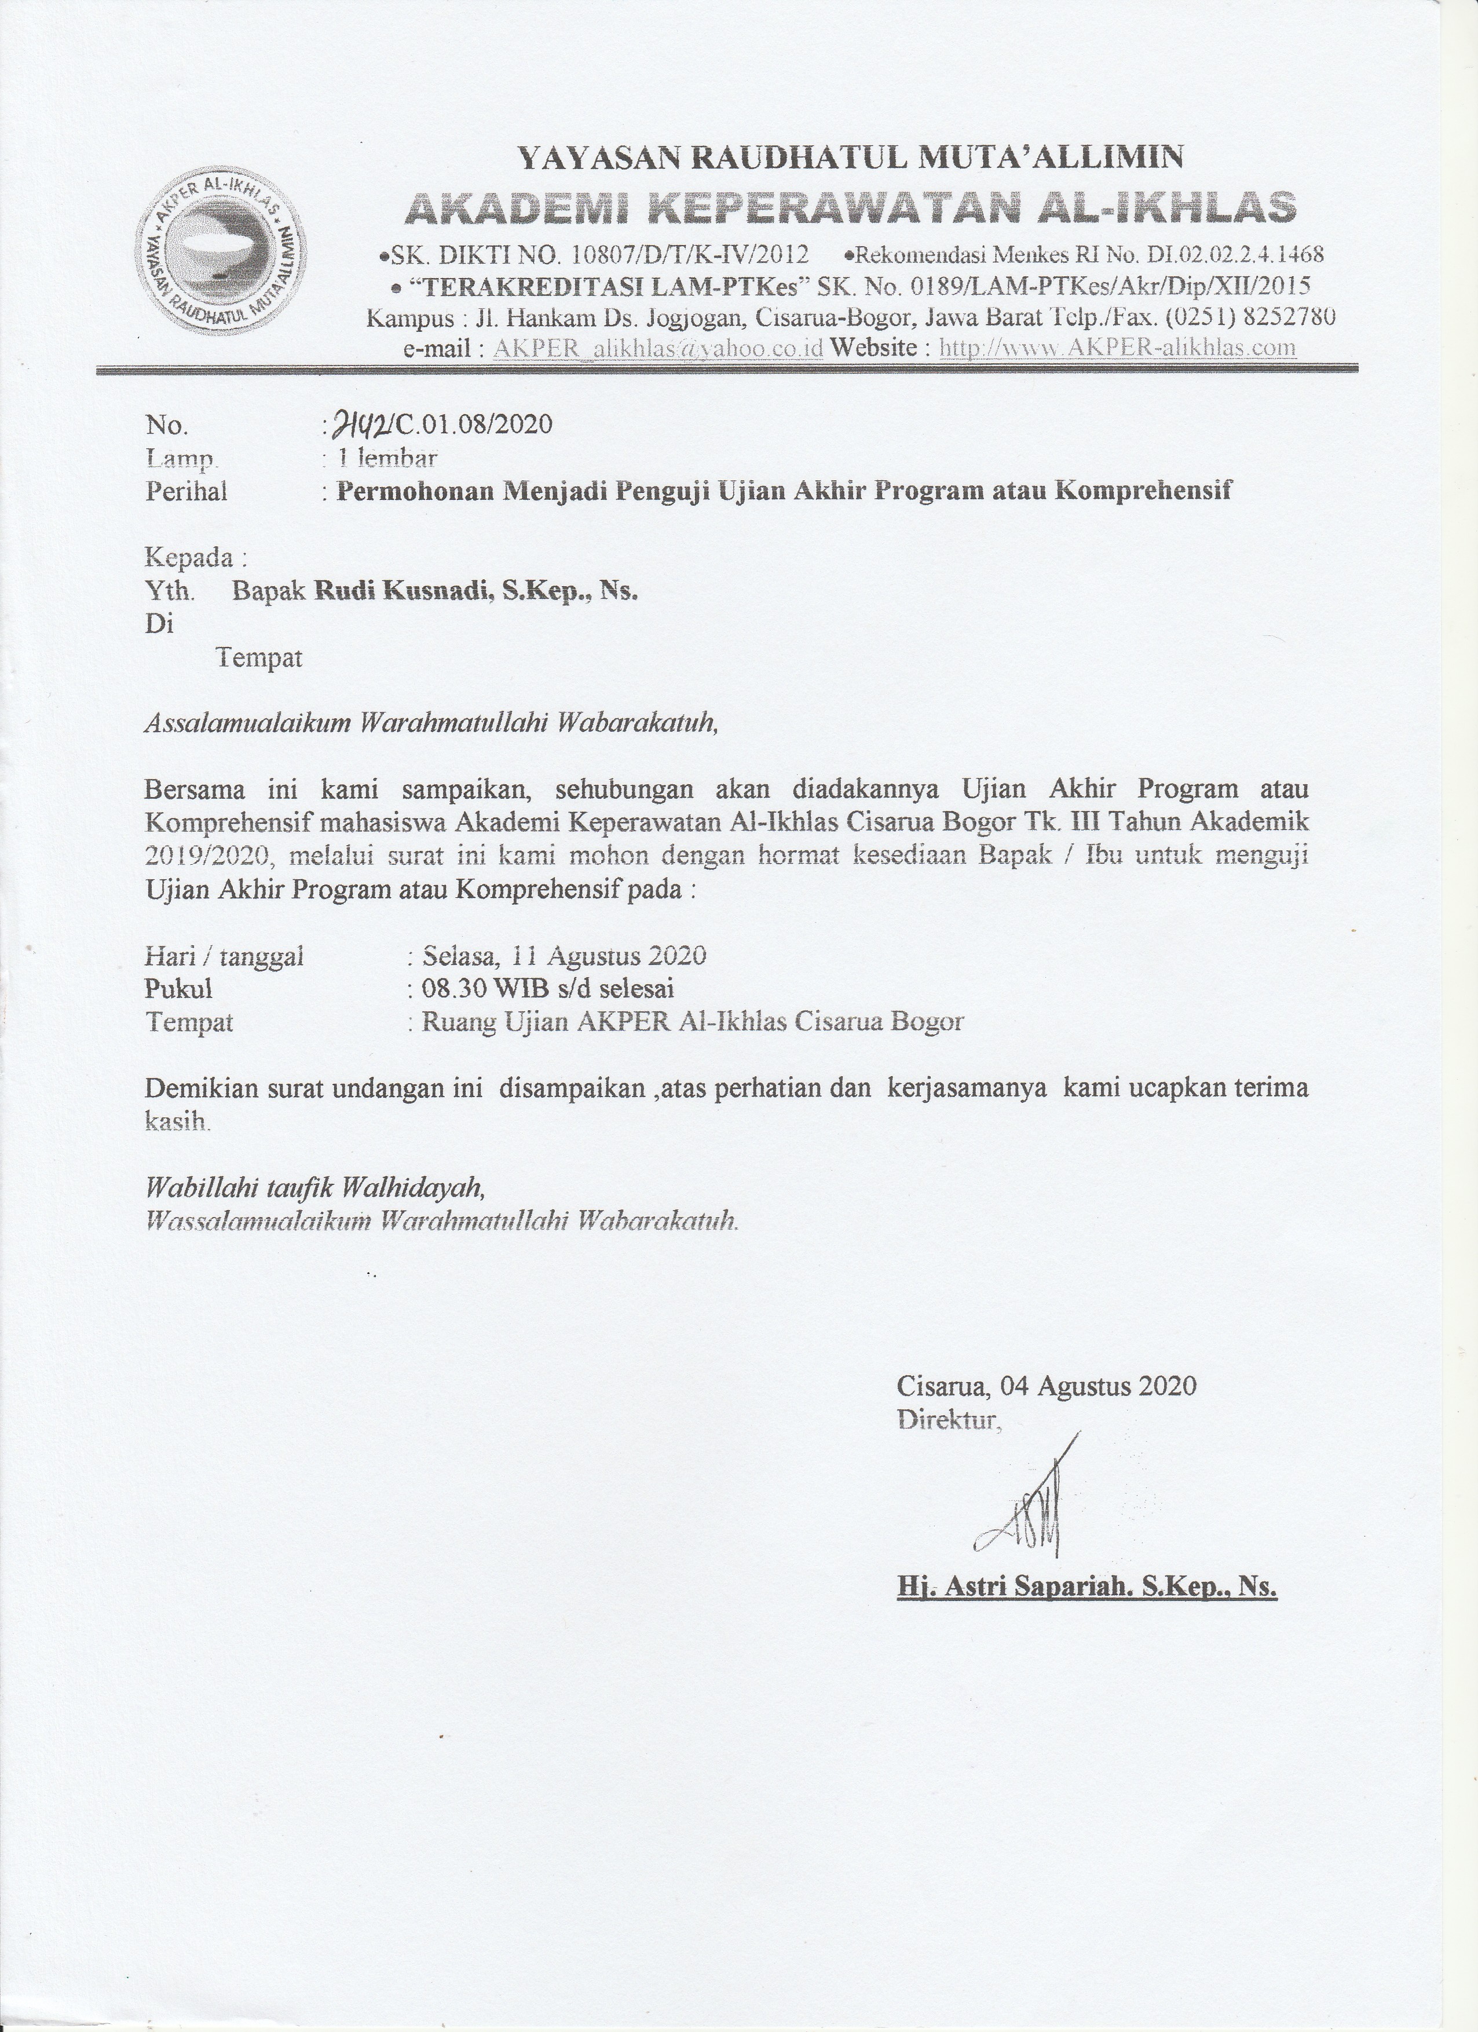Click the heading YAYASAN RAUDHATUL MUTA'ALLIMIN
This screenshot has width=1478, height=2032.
851,158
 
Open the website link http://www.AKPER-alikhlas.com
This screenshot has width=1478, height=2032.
1117,348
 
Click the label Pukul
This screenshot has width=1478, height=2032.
179,989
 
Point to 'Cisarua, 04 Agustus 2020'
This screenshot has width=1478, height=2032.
1047,1386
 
